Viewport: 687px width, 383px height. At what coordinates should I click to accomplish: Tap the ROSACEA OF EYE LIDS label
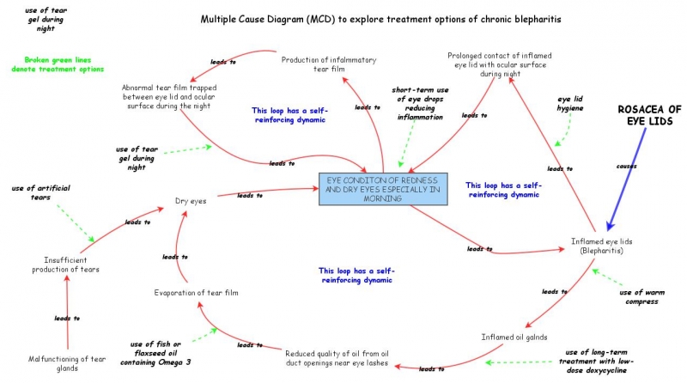point(650,115)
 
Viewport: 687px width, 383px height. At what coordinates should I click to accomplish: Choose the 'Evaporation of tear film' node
point(196,293)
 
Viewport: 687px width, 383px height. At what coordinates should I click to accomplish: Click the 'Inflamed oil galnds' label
point(514,337)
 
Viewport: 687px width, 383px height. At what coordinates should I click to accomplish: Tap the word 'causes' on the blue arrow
point(626,166)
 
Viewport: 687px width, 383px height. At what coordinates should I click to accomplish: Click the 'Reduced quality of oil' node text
point(337,358)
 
